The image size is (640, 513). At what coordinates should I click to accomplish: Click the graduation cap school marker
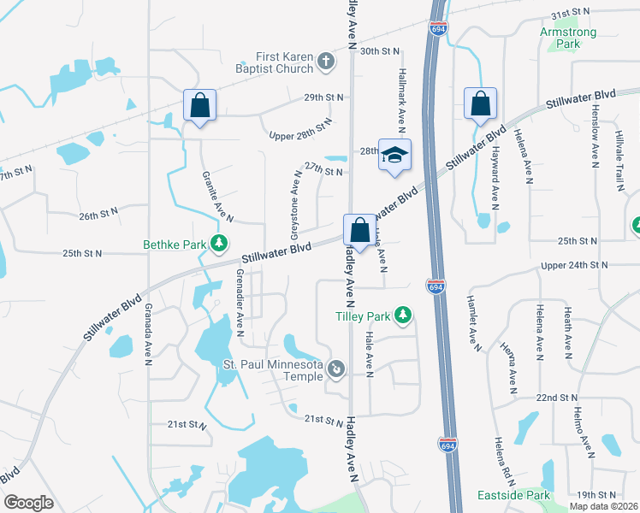(x=394, y=156)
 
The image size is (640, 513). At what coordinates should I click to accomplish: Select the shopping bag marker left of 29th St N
(x=199, y=106)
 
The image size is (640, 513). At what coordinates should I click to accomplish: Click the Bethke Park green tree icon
(x=220, y=245)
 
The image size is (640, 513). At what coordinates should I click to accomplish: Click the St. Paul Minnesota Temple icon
(x=337, y=369)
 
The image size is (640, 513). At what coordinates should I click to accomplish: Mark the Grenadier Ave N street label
(x=240, y=304)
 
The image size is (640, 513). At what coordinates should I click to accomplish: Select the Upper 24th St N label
(x=580, y=266)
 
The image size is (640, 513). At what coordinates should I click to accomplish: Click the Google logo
(x=28, y=502)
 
